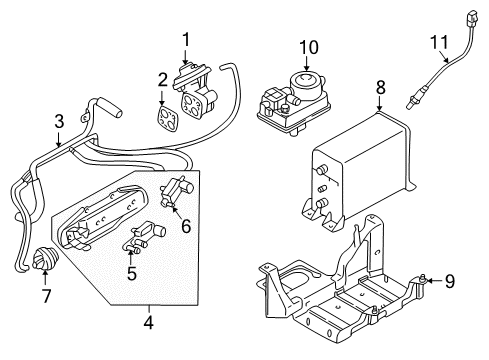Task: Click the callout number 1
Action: pyautogui.click(x=185, y=39)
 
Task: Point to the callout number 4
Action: pyautogui.click(x=150, y=323)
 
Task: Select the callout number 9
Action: pyautogui.click(x=449, y=281)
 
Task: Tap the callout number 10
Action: pyautogui.click(x=309, y=47)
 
